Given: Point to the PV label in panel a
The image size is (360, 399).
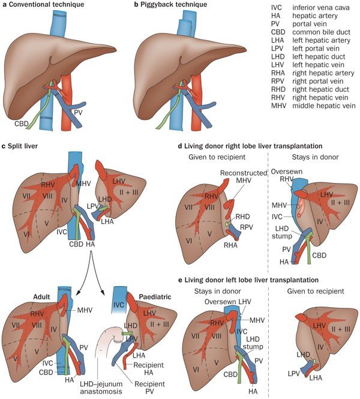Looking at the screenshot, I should tap(79, 112).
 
